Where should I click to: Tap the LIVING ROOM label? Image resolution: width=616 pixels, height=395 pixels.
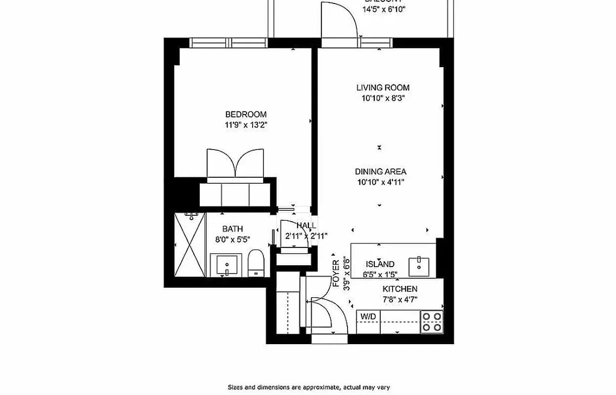click(x=383, y=87)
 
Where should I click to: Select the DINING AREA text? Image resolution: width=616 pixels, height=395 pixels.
click(x=380, y=171)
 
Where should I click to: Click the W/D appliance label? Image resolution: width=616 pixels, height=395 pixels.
click(x=368, y=316)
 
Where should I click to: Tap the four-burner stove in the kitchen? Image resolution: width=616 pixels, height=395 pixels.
click(x=432, y=321)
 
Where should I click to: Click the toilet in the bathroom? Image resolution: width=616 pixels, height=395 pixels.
click(x=255, y=263)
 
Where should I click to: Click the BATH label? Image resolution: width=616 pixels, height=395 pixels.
click(x=232, y=229)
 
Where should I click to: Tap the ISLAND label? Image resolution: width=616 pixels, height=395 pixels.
click(x=380, y=264)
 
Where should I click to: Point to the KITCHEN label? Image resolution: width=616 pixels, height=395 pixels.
click(x=399, y=289)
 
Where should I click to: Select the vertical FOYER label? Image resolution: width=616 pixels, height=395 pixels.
click(x=336, y=274)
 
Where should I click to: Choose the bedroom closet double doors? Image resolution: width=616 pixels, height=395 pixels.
click(x=235, y=163)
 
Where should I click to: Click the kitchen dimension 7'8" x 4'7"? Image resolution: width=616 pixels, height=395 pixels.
click(x=399, y=299)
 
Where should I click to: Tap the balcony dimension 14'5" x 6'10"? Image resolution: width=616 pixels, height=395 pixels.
click(x=384, y=9)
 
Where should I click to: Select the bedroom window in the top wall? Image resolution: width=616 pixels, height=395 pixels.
click(x=229, y=43)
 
